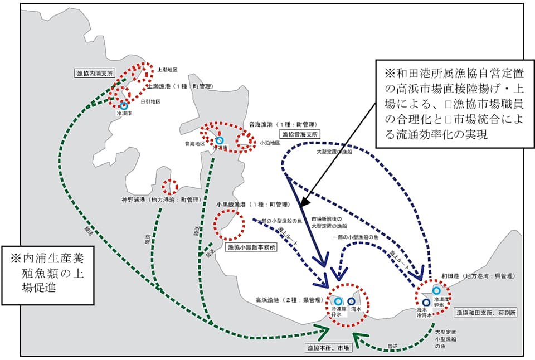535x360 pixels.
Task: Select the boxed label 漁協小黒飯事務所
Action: (251, 247)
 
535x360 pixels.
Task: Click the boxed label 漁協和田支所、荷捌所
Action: (485, 313)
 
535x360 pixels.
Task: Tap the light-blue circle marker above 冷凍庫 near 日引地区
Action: (124, 105)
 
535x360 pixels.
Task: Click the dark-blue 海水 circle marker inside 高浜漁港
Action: (352, 301)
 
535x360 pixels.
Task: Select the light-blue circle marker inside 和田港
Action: (436, 290)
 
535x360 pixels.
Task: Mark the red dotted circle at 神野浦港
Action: (169, 186)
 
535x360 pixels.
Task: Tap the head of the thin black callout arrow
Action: (301, 207)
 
